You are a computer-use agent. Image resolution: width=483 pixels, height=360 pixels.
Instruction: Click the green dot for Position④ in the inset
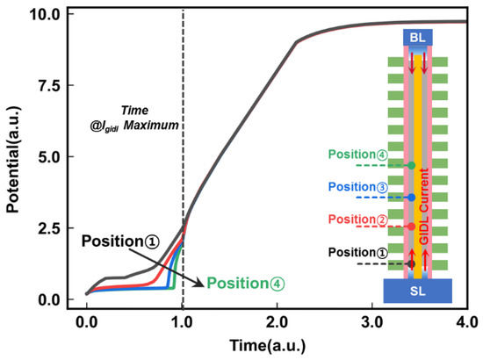tap(411, 165)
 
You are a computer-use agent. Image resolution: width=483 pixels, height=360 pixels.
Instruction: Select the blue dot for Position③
tap(411, 197)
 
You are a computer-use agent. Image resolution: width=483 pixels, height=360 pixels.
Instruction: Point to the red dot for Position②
tap(411, 227)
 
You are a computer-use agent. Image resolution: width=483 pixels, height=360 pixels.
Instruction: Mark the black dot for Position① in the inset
tap(411, 263)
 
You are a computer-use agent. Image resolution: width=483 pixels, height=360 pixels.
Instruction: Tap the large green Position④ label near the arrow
tap(247, 284)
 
